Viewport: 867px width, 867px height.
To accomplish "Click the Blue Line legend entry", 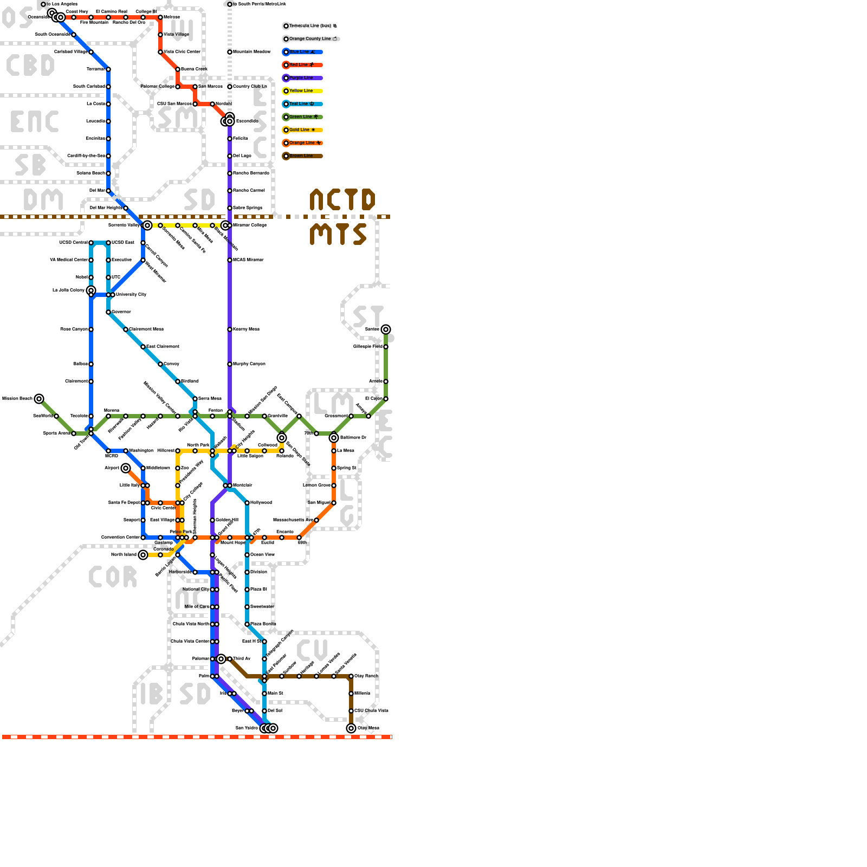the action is click(302, 52).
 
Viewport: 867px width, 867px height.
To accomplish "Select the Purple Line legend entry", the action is click(302, 78).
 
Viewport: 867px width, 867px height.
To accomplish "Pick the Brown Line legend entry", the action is click(302, 156).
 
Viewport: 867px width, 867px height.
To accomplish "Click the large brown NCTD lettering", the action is click(342, 200).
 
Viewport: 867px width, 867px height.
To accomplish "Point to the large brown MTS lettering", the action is click(338, 235).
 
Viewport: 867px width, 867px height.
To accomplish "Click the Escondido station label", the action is click(247, 121).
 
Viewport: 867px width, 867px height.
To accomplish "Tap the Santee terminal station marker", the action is click(386, 329).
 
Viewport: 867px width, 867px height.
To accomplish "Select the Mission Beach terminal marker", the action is click(39, 399).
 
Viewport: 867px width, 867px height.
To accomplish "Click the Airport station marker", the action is click(126, 468).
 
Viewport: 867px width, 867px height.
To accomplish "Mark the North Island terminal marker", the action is click(143, 555).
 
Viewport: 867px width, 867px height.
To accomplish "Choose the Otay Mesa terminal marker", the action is click(351, 728).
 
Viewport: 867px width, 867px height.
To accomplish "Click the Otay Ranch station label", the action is click(366, 676).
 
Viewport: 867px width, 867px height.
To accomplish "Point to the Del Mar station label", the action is click(97, 191).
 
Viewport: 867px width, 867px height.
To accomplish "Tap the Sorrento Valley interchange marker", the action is click(147, 225).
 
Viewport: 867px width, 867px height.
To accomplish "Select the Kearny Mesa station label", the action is click(246, 329).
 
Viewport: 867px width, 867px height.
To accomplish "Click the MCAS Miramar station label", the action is click(248, 260).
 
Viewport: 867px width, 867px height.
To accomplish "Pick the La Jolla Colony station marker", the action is click(91, 291).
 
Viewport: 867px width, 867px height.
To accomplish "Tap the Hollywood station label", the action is click(261, 503).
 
